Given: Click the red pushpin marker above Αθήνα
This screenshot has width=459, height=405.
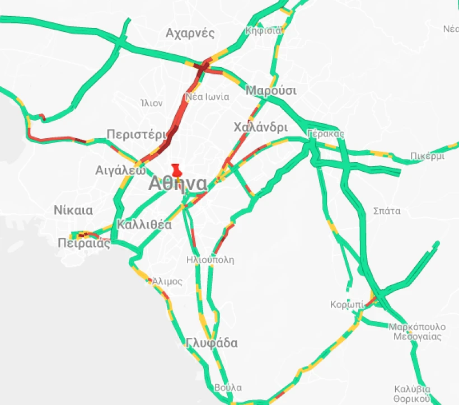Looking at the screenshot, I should [x=177, y=169].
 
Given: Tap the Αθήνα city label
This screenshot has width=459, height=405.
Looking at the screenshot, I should [x=177, y=184].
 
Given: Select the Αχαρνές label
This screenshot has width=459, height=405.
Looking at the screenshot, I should [x=190, y=33].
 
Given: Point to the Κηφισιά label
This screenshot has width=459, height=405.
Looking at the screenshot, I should [x=263, y=30].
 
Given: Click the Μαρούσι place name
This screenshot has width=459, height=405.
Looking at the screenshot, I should [x=271, y=91].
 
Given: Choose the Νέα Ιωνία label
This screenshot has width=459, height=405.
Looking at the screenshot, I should [x=208, y=97].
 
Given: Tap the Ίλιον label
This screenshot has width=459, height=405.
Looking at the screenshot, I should [x=152, y=103].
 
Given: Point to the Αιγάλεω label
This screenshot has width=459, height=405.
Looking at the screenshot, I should [x=120, y=170].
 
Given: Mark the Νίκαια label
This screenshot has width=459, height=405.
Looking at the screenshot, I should [x=73, y=210].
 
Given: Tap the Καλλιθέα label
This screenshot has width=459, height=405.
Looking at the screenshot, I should [x=144, y=225].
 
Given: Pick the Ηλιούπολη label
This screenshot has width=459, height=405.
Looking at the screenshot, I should [x=210, y=260].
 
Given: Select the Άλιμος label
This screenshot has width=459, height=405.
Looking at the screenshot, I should [x=167, y=281].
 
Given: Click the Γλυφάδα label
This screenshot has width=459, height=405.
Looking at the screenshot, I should [x=212, y=343].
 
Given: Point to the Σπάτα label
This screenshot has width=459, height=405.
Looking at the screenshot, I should [x=387, y=211].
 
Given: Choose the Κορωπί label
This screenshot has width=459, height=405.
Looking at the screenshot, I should [x=347, y=305].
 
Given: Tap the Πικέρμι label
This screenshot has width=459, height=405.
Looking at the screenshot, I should [x=427, y=156].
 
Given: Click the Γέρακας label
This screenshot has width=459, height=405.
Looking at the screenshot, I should [x=325, y=134].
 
